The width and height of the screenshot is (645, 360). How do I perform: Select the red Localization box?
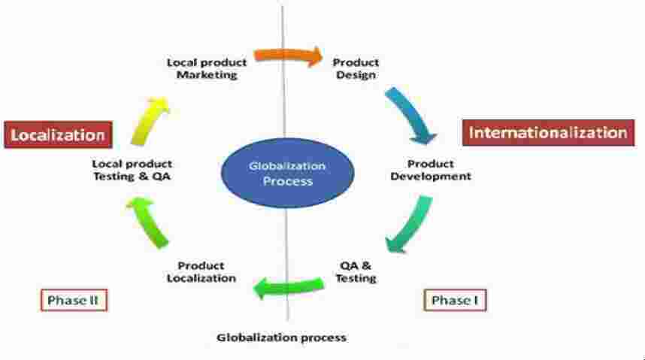(x=59, y=135)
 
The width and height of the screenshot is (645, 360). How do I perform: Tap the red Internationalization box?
(x=547, y=133)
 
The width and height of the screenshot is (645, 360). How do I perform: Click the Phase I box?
(x=454, y=301)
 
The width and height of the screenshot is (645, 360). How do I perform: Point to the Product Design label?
(x=356, y=68)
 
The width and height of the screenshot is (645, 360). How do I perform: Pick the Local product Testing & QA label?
(x=132, y=170)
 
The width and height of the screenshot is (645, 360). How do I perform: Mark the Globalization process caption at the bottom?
(x=282, y=337)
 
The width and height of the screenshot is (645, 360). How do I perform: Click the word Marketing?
(x=207, y=74)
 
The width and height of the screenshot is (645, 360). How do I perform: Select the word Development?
(x=439, y=176)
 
